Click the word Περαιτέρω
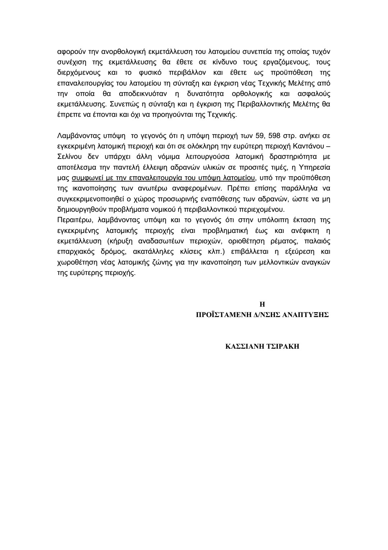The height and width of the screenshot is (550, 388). pyautogui.click(x=73, y=220)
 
